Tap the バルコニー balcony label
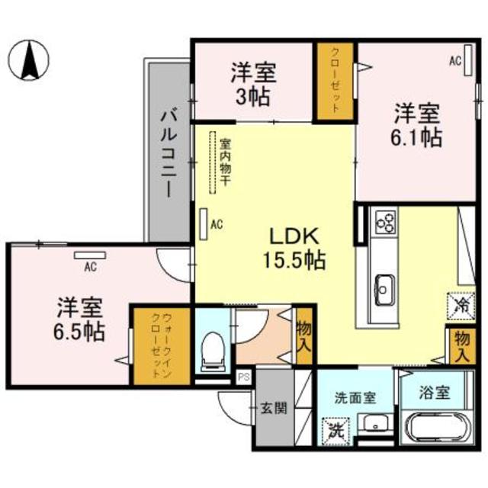(169, 152)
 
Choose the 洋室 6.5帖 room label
(79, 321)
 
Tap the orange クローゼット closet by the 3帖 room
(335, 80)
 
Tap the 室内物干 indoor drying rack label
(226, 162)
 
